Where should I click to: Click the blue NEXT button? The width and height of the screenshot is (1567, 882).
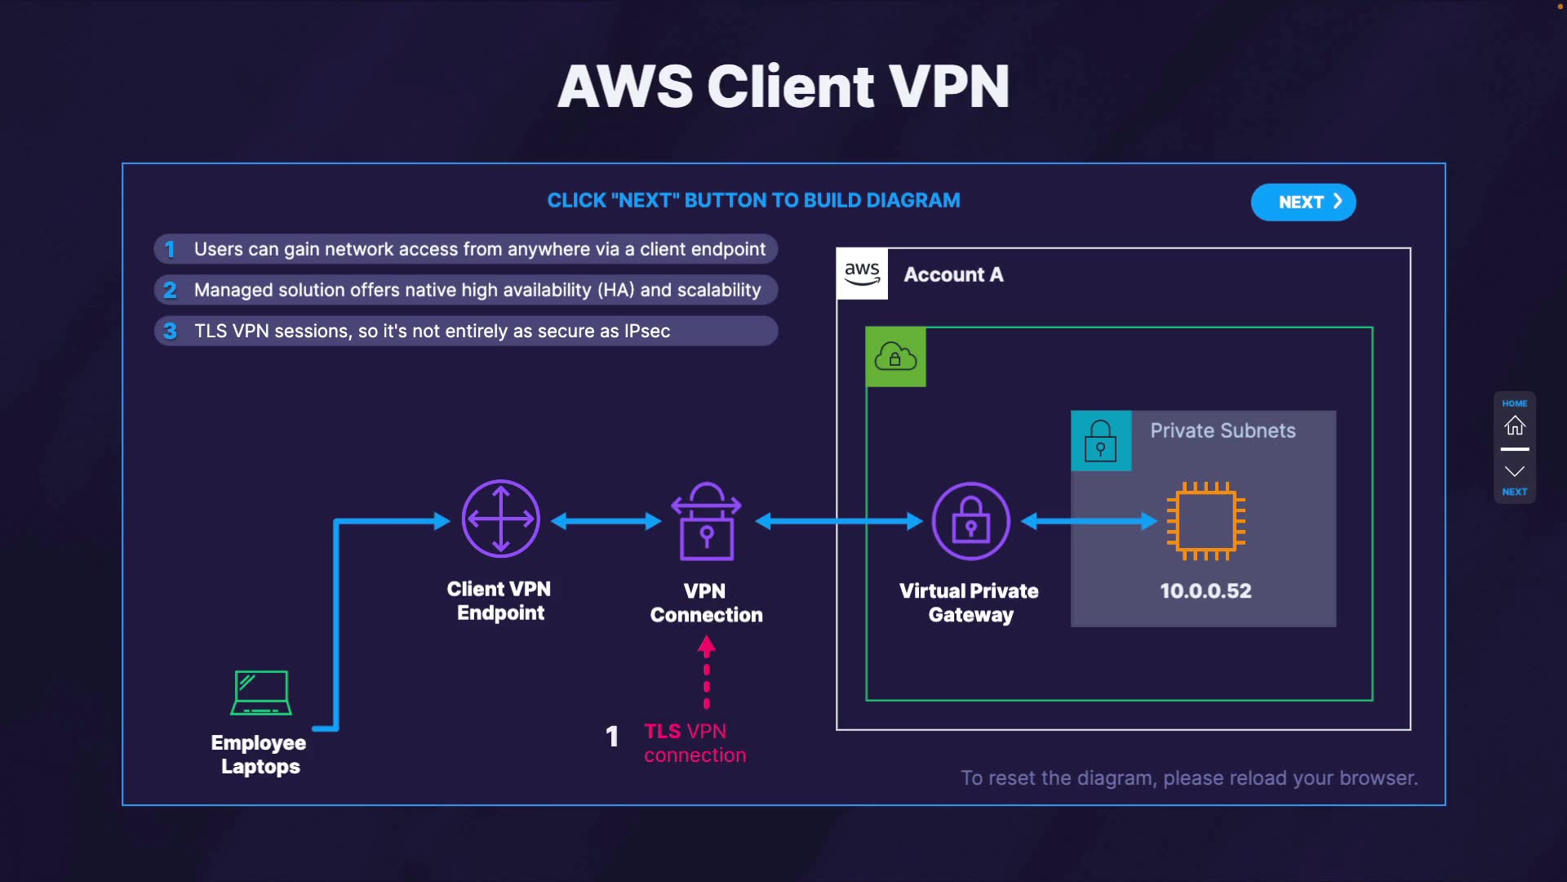click(x=1303, y=203)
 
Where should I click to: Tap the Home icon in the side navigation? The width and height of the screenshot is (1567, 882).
click(x=1515, y=425)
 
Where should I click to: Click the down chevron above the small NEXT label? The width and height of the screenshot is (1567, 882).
click(x=1515, y=471)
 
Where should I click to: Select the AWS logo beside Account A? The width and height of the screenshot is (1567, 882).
click(x=862, y=274)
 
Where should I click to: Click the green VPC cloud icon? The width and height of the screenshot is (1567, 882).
click(x=895, y=357)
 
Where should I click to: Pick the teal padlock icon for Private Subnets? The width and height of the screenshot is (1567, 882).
click(x=1101, y=441)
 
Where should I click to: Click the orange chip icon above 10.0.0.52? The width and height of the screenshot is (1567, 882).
click(x=1206, y=520)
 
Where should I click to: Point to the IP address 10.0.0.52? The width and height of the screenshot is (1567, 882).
click(x=1205, y=590)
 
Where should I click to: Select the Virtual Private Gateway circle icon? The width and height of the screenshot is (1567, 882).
click(x=971, y=521)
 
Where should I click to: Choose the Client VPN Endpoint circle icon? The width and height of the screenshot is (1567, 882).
click(x=500, y=519)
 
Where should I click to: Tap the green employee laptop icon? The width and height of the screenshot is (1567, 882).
click(x=261, y=693)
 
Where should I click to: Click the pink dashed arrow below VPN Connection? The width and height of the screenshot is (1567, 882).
click(x=707, y=674)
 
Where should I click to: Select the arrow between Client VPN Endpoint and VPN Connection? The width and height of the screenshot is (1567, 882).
click(x=606, y=521)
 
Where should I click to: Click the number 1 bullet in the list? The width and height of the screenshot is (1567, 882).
click(x=170, y=249)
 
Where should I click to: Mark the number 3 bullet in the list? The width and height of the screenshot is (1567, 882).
click(x=170, y=331)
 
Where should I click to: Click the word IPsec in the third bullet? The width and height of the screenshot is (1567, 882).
click(x=646, y=331)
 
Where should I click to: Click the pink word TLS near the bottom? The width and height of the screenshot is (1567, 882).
click(x=662, y=731)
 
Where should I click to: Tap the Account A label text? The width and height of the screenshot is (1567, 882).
click(x=953, y=274)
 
